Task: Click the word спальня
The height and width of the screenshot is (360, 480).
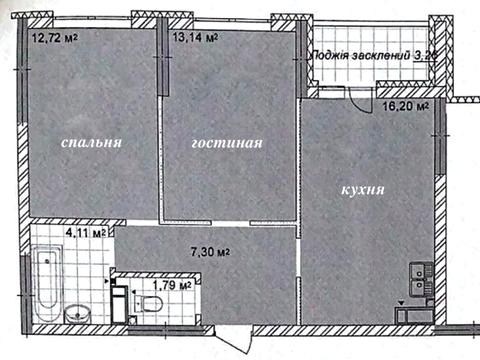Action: coord(91,143)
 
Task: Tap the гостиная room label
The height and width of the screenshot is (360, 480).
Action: coord(227,143)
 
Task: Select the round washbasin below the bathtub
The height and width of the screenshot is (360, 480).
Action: coord(77,315)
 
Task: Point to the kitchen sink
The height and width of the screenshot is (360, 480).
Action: coord(419,272)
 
